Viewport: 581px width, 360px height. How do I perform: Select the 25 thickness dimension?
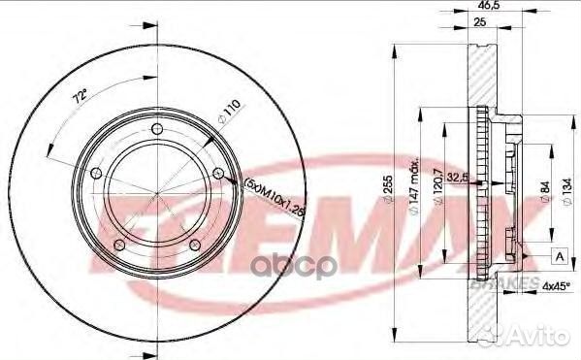(477, 22)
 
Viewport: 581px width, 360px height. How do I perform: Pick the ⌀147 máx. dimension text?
(413, 183)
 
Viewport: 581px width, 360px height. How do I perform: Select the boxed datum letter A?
(561, 255)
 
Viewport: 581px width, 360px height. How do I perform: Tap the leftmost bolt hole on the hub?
(96, 175)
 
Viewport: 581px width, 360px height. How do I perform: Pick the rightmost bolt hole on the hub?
(218, 175)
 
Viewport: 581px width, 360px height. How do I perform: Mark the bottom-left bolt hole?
(119, 245)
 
